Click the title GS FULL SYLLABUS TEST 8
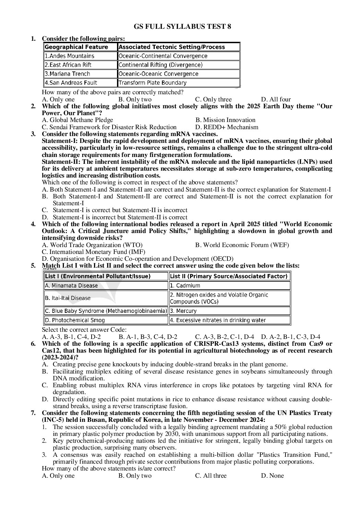coord(182,26)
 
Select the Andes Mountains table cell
coord(80,56)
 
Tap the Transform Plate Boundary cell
coord(178,83)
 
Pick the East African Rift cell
coord(80,65)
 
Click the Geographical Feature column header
coord(80,47)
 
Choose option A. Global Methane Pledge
coord(78,120)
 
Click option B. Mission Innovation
coord(225,120)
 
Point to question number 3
coord(33,134)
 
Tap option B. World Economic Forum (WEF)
coord(242,245)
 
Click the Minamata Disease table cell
coord(106,285)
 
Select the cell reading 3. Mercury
coord(230,311)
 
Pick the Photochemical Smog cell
coord(106,320)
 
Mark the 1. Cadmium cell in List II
coord(230,285)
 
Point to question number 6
coord(33,344)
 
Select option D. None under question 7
coord(272,476)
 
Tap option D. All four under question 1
coord(276,99)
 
